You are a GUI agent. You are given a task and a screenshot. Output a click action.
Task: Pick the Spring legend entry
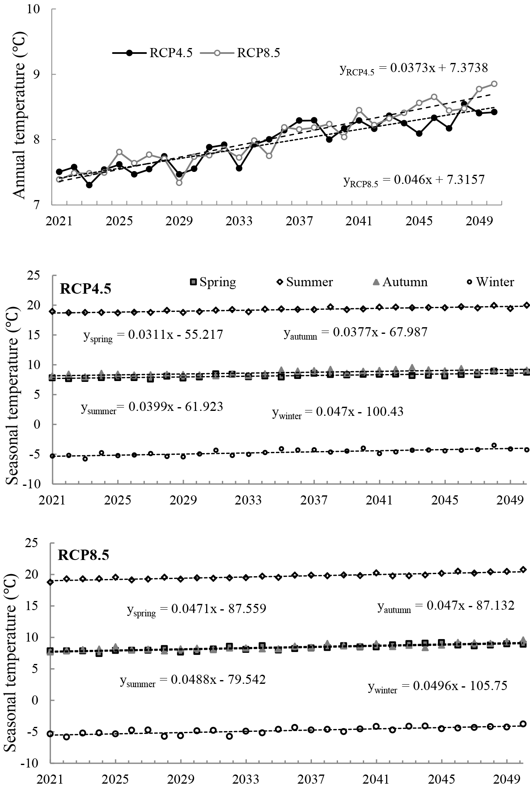(x=213, y=282)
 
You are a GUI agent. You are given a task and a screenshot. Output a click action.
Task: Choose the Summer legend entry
(x=305, y=282)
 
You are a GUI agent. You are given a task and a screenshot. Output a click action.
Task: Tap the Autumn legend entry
(x=399, y=282)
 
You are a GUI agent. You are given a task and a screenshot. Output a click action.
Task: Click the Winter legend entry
(x=489, y=282)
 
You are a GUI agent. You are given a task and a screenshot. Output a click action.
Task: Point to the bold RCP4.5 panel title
(x=85, y=289)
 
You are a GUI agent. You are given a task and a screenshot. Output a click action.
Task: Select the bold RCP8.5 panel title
(x=83, y=555)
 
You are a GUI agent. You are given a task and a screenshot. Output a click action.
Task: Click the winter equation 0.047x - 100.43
(x=338, y=412)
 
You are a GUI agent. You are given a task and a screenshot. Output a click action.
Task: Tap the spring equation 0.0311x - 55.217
(x=153, y=335)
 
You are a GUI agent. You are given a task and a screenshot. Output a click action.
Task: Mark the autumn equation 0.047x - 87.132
(x=446, y=606)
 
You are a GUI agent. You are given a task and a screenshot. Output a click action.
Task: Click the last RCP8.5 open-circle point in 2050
(x=494, y=84)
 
